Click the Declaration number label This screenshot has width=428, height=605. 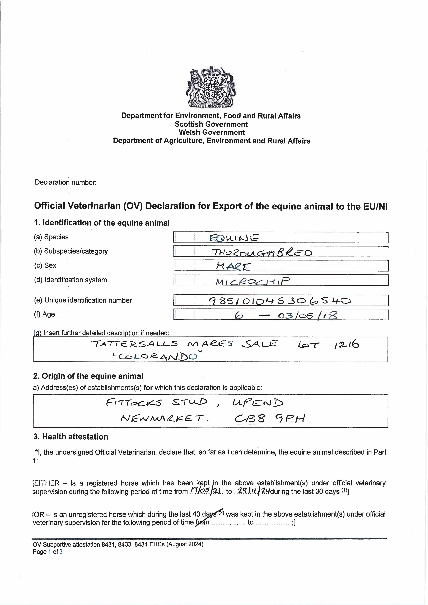(66, 182)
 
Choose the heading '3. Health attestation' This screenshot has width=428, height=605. (71, 437)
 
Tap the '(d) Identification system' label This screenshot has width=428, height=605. (70, 280)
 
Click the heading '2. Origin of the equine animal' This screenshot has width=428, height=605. (88, 376)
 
